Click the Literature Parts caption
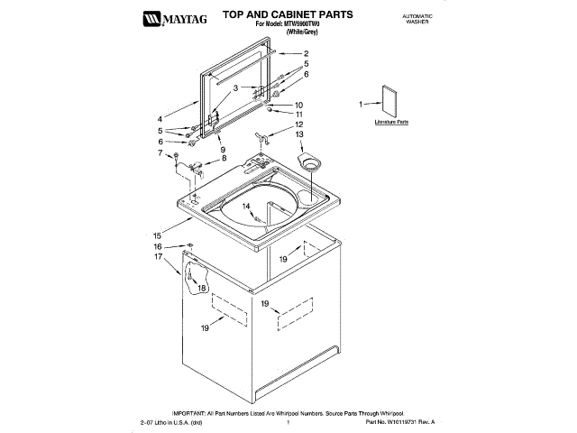click(x=392, y=120)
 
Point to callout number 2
click(x=306, y=53)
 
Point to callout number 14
click(x=244, y=207)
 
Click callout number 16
click(x=157, y=246)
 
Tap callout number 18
click(x=202, y=287)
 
